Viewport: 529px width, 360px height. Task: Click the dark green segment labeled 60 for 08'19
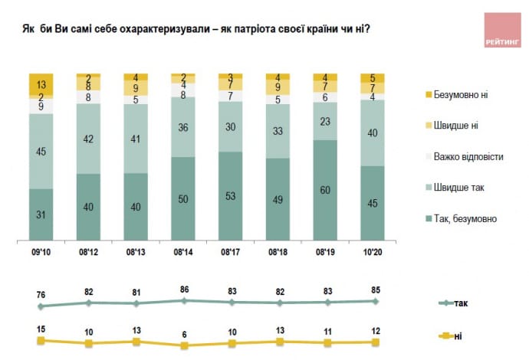[x=326, y=190]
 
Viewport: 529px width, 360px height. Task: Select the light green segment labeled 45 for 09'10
[x=41, y=151]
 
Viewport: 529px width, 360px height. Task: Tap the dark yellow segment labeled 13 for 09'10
[x=41, y=83]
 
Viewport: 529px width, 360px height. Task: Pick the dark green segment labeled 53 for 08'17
[x=231, y=195]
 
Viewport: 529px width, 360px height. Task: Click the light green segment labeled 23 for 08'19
[x=326, y=122]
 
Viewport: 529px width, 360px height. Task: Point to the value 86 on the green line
[x=184, y=290]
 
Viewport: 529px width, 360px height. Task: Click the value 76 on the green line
[x=41, y=293]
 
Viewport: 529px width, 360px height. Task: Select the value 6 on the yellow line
[x=184, y=334]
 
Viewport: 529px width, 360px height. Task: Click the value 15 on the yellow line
[x=41, y=329]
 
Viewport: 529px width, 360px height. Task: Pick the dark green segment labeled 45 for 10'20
[x=373, y=203]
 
